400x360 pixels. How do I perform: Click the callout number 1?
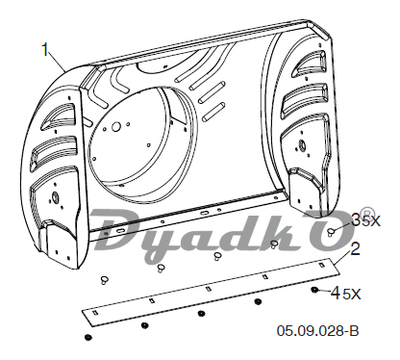[x=46, y=49]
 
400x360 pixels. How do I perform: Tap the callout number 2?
[x=355, y=249]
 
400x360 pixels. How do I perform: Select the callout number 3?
[x=357, y=219]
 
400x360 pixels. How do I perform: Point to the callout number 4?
[x=336, y=293]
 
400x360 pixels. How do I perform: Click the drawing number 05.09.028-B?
[x=317, y=331]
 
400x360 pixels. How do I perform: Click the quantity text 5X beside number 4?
[x=352, y=294]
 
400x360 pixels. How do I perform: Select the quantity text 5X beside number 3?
[x=371, y=220]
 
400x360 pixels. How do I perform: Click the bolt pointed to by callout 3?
[x=331, y=232]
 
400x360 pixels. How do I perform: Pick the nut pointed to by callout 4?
[x=314, y=290]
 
